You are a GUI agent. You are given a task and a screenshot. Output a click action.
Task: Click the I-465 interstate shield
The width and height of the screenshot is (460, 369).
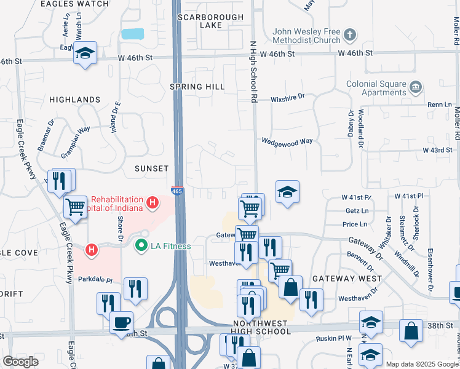coord(177,191)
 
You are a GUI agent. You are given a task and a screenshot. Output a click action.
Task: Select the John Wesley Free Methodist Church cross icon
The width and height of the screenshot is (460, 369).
coord(350,34)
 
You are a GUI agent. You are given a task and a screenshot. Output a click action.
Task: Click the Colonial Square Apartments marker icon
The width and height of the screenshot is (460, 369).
coord(416,85)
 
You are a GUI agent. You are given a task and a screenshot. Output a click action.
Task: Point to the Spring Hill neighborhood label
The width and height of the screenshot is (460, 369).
coord(197,87)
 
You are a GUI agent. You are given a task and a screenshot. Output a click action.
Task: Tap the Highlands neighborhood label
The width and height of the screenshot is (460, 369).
coord(74,99)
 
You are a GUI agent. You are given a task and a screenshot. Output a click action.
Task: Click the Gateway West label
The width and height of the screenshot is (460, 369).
coord(343,279)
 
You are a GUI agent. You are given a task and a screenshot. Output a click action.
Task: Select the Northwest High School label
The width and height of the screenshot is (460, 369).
coord(262,327)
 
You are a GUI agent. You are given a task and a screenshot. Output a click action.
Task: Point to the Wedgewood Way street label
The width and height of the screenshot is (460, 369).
coord(287,141)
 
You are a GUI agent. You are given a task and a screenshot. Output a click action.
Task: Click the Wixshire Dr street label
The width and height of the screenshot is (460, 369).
coord(288,97)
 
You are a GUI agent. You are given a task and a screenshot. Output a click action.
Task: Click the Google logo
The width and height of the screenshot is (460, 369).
coord(20,362)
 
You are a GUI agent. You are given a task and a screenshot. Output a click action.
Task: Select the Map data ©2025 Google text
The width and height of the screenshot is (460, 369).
coord(421,364)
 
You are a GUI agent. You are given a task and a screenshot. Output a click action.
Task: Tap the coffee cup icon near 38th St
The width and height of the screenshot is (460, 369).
coord(121,321)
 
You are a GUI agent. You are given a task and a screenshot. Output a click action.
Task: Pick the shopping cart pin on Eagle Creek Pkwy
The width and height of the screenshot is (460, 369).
coord(75,207)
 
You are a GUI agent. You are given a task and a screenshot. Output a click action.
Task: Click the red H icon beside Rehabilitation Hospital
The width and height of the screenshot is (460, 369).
coord(151,202)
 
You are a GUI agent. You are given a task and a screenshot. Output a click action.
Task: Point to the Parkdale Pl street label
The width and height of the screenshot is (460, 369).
coord(95,279)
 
